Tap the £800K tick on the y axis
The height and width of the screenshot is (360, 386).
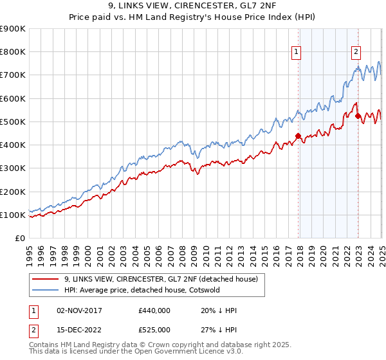coord(13,52)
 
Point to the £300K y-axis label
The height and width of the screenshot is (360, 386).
coord(13,168)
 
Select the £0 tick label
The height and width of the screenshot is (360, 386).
coord(19,239)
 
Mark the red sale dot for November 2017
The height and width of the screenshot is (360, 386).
coord(298,136)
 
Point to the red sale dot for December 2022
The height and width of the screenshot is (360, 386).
coord(358,116)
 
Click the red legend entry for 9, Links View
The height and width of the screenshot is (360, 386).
coord(161,279)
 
